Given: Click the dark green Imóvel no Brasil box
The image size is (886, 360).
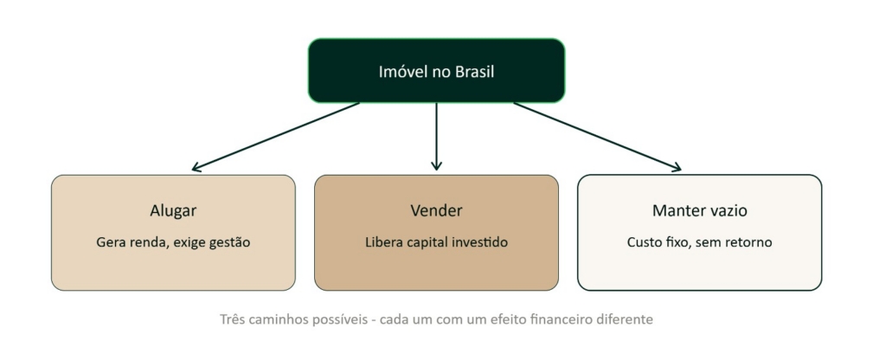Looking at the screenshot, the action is coord(436,71).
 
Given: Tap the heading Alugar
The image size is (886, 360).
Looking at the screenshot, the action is coord(173,211).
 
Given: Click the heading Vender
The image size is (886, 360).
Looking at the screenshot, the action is coord(436,211).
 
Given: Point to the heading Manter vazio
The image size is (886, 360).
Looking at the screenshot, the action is coord(699,211).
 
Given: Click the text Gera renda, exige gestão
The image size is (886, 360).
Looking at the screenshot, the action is coord(173,242).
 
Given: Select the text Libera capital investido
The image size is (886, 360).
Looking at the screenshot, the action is coord(436,242).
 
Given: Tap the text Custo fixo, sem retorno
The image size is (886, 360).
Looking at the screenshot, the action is coord(699,242).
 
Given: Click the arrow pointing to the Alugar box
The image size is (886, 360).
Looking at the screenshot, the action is coord(276,136).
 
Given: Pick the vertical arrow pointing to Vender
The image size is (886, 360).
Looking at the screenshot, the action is coord(436,136).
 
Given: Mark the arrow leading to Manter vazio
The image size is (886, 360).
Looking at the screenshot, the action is coord(597,136).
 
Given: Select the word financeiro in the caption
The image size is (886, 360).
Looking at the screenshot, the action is coord(560,320).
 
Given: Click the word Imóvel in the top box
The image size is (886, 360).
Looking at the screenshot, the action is coord(398,73).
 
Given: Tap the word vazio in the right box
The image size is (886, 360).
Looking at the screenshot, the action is coord(729,211).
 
